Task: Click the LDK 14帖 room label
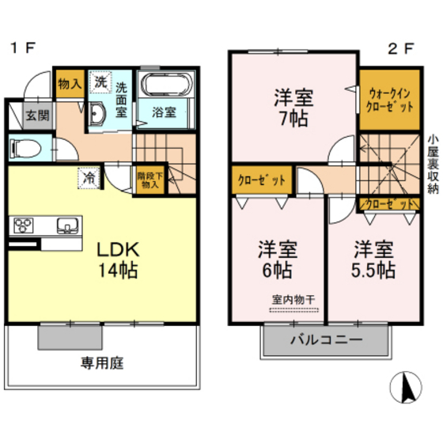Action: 118,259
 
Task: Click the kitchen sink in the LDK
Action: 66,225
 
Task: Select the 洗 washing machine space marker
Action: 100,81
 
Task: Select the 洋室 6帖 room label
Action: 275,259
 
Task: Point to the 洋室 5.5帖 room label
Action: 373,259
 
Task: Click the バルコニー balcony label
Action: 325,341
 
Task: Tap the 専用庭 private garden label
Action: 100,364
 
